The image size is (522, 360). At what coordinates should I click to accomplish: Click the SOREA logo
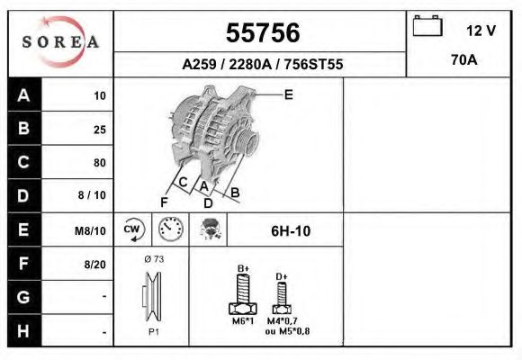60,42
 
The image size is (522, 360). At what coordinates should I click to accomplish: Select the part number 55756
262,32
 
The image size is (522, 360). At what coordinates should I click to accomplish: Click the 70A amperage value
463,60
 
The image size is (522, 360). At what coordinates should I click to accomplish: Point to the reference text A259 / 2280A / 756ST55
262,65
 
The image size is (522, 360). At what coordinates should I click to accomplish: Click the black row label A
24,95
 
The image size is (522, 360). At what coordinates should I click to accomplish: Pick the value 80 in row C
99,163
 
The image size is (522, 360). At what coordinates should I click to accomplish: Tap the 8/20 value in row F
94,265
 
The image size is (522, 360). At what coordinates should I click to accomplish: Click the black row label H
24,331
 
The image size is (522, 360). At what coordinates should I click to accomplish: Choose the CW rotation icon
133,230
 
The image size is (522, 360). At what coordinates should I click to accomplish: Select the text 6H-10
291,231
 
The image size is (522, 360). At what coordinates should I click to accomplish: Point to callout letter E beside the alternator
288,94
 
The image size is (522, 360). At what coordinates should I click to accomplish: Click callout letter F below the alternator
165,201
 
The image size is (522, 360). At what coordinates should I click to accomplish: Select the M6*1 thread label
243,322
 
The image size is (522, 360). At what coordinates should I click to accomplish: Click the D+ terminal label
281,276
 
